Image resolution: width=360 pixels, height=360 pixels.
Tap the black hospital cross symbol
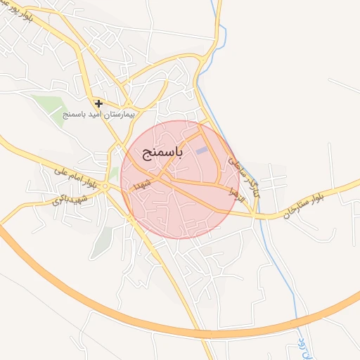click(99, 104)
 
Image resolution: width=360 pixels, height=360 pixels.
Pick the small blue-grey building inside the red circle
click(202, 150)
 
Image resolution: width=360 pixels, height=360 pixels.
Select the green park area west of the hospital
click(49, 105)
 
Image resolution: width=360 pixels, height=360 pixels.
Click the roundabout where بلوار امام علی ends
click(105, 187)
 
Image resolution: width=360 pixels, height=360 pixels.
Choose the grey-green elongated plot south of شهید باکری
click(103, 239)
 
